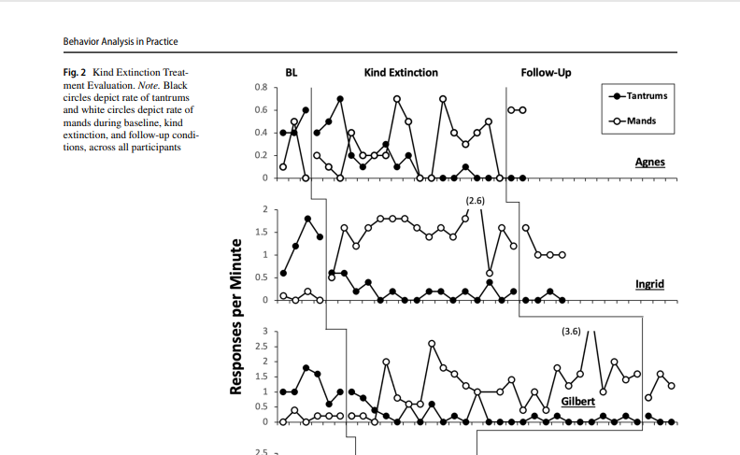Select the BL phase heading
click(x=292, y=73)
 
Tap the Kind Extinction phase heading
click(x=401, y=73)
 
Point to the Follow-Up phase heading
click(x=546, y=73)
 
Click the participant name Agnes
click(x=649, y=163)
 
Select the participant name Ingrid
click(x=649, y=284)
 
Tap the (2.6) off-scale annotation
click(x=475, y=201)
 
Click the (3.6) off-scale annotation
click(x=572, y=332)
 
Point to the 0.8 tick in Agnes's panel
click(x=261, y=88)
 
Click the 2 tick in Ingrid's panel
click(x=264, y=209)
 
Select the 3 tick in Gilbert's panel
click(x=264, y=332)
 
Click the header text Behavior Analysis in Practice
click(x=120, y=41)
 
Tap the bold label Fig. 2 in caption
click(x=76, y=73)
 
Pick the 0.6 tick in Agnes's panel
click(x=261, y=110)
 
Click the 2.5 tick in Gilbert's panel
click(x=261, y=347)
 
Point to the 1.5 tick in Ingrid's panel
click(x=261, y=232)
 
